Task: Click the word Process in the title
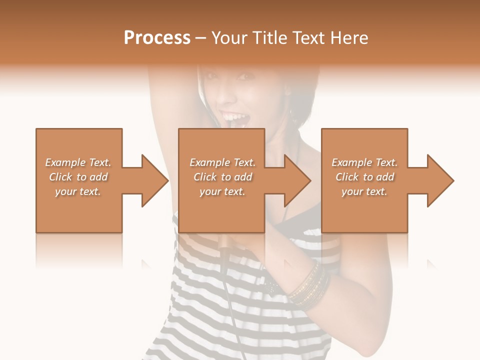(x=157, y=38)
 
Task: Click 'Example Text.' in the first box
(x=78, y=162)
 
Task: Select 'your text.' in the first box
(x=78, y=191)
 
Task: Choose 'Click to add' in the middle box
(x=222, y=177)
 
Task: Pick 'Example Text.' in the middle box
(x=222, y=162)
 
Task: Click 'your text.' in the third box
(x=364, y=191)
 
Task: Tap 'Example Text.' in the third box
(x=364, y=162)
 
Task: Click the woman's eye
(x=245, y=76)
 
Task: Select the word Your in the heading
(x=228, y=38)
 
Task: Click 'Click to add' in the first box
(x=78, y=177)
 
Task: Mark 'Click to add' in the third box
(x=364, y=177)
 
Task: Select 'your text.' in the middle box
(x=222, y=191)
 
